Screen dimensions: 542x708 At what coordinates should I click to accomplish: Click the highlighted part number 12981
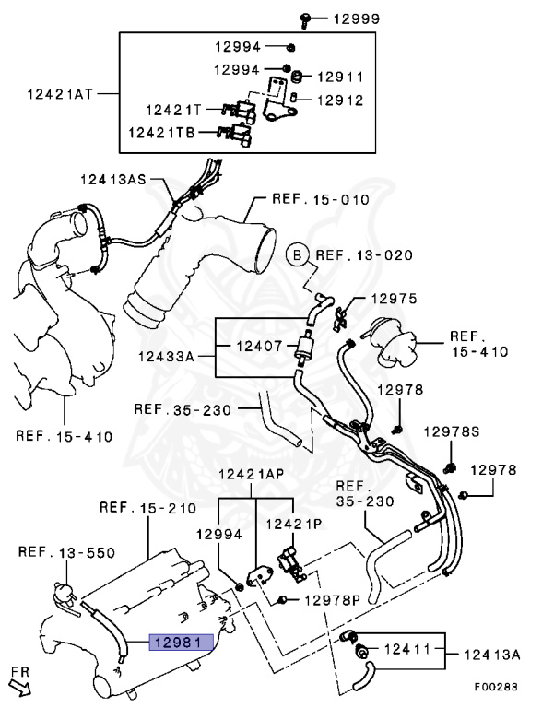[x=181, y=642]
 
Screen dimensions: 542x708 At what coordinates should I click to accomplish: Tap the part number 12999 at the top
[x=357, y=19]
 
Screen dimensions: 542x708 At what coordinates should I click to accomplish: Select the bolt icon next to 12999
[x=305, y=21]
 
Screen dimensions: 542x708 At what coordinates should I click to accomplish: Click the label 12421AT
[x=60, y=94]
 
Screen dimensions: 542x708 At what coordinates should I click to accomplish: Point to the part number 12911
[x=340, y=77]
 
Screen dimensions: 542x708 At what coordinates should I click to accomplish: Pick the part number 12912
[x=340, y=100]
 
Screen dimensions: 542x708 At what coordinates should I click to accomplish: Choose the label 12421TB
[x=161, y=133]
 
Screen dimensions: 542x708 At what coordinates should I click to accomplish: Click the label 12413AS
[x=113, y=179]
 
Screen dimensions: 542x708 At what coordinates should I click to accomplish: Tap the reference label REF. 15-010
[x=321, y=199]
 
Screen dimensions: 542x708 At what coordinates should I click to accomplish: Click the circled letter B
[x=297, y=255]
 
